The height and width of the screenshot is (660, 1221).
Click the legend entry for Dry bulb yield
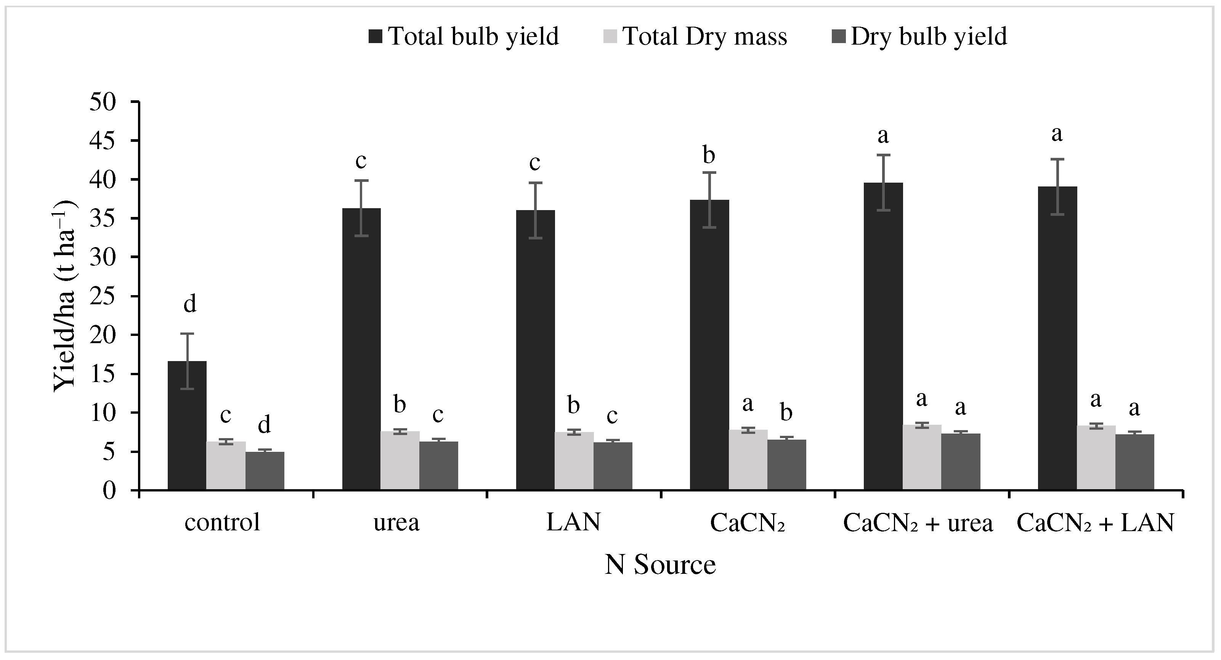coord(919,37)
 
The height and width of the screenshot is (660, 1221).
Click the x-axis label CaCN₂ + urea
coord(918,524)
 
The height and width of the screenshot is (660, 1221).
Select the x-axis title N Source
coord(660,565)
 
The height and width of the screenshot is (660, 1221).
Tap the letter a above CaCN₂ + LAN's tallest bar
coord(1057,134)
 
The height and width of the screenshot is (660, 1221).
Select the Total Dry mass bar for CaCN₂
coord(748,459)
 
